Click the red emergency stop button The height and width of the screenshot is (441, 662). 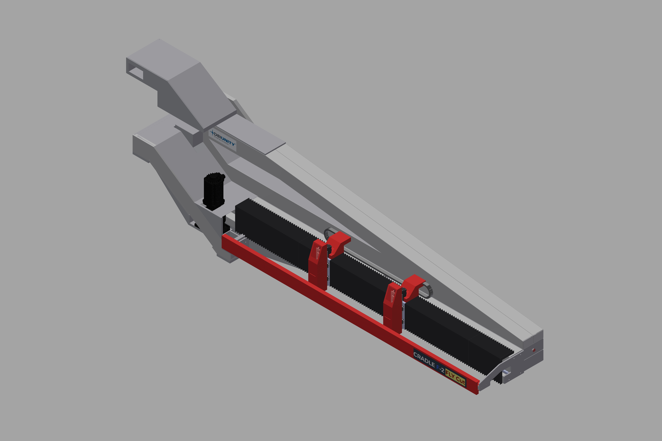tap(534, 350)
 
